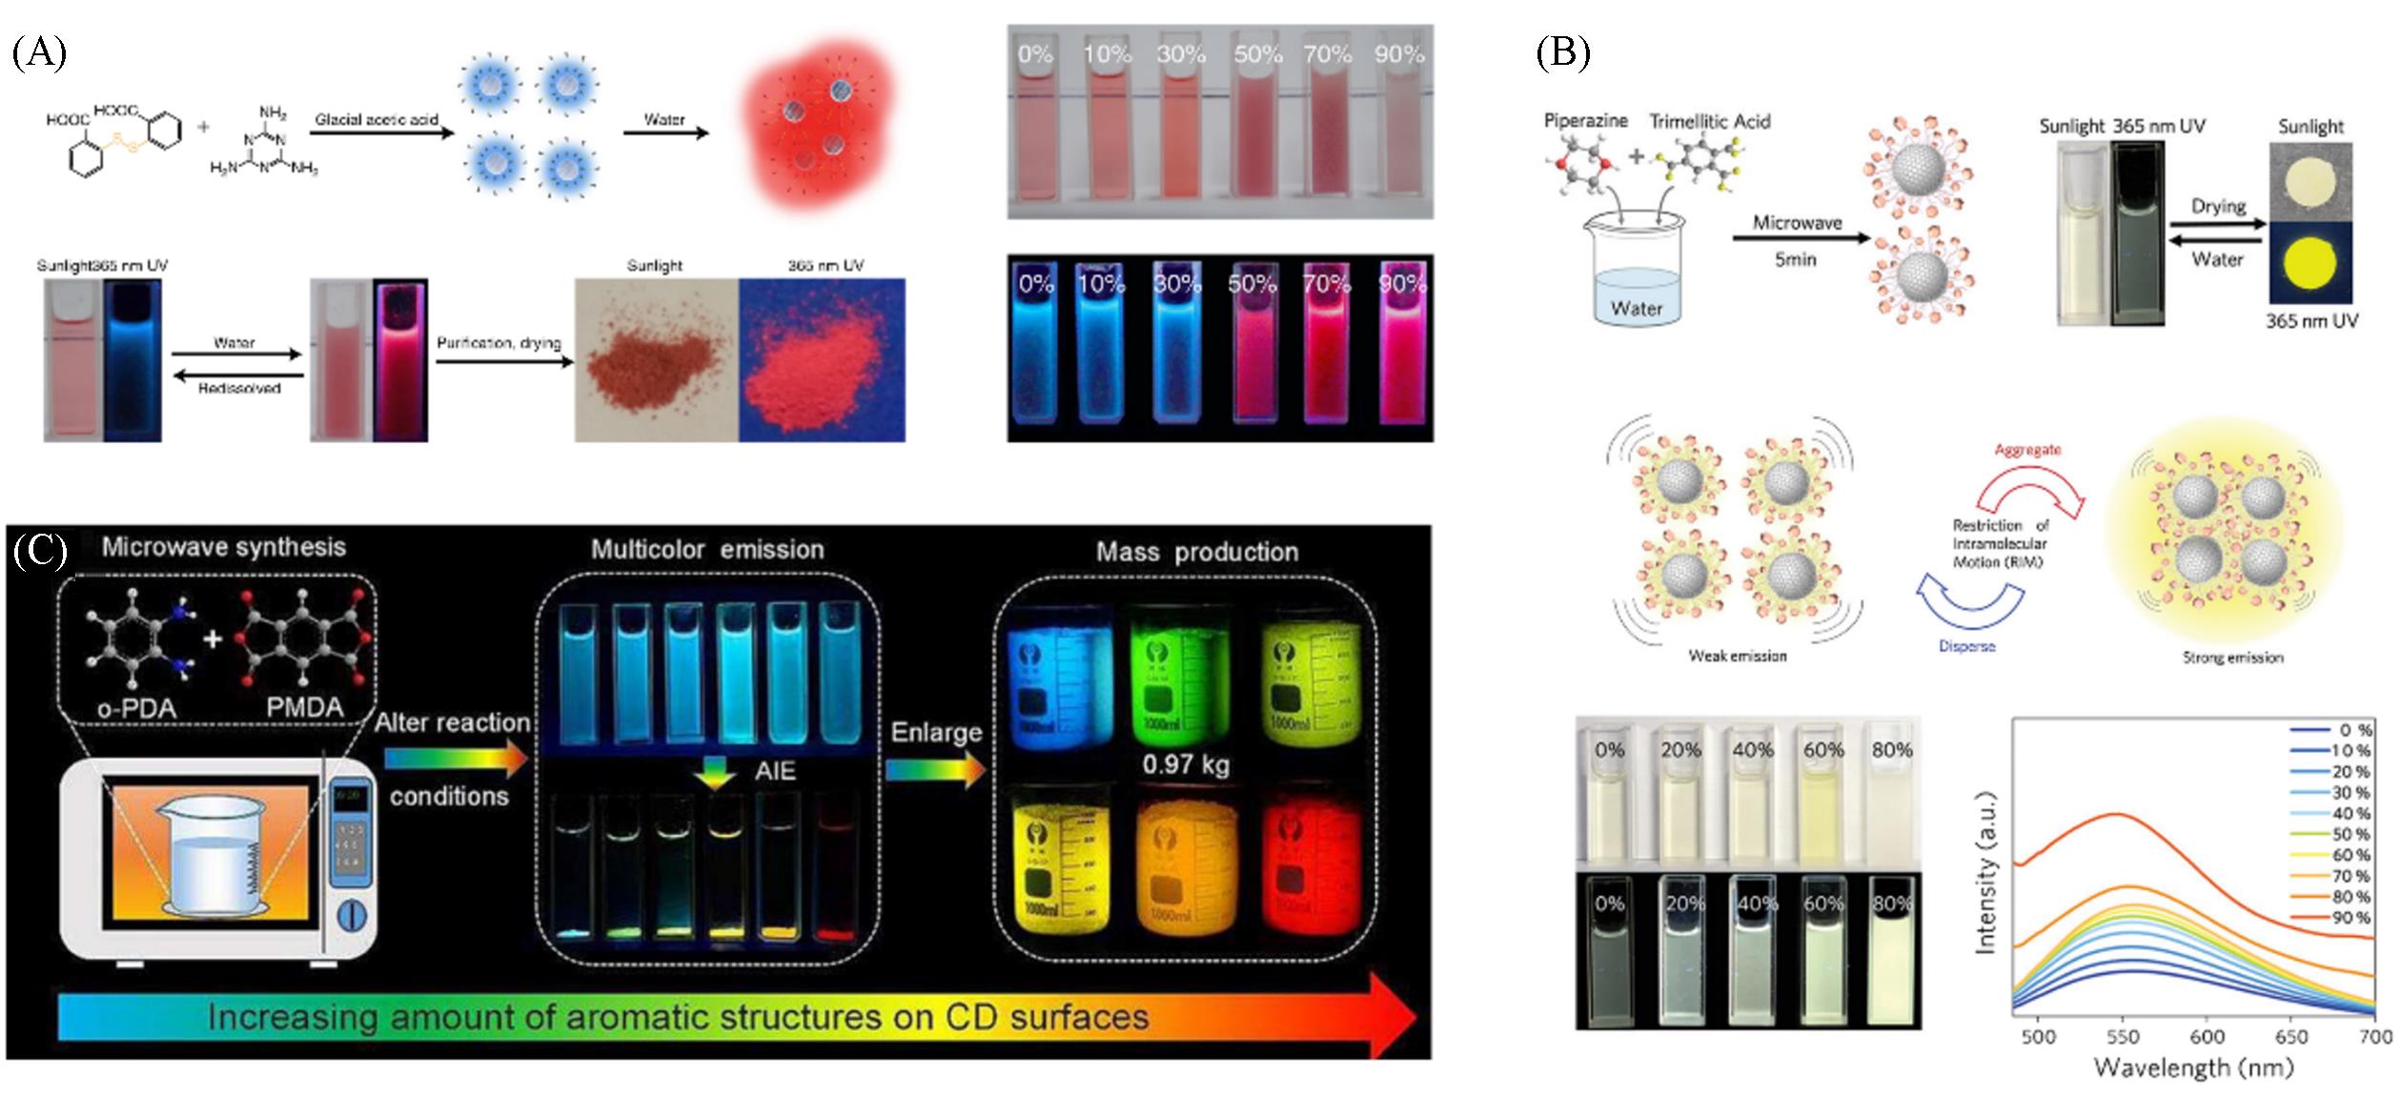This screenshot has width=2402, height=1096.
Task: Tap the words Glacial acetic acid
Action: (x=377, y=119)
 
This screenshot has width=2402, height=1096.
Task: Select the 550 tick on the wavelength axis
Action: (x=2122, y=1036)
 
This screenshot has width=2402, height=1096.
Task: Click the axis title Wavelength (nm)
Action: (x=2192, y=1067)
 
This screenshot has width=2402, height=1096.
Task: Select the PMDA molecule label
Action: (x=305, y=708)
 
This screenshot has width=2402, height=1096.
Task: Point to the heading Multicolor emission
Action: (x=706, y=550)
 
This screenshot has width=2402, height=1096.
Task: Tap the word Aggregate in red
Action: (x=2027, y=449)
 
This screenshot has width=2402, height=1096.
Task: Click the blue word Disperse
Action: (x=1966, y=646)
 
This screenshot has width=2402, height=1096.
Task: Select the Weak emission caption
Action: (x=1737, y=656)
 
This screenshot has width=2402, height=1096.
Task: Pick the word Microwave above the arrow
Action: (x=1797, y=223)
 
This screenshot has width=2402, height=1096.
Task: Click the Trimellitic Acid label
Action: (x=1709, y=122)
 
